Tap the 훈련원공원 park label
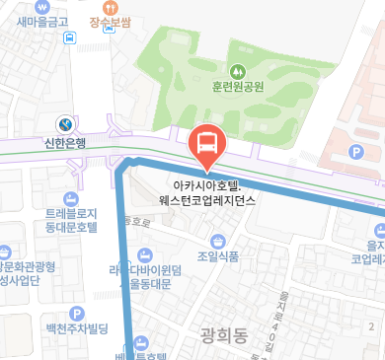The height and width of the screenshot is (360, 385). coord(238,87)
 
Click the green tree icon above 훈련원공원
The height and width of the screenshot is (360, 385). coord(238,70)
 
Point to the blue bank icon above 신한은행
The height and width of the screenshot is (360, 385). coord(65,124)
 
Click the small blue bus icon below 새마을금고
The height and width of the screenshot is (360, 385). coord(69,38)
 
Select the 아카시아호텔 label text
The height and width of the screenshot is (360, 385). coord(207,184)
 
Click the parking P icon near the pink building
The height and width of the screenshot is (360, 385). coord(356,152)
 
